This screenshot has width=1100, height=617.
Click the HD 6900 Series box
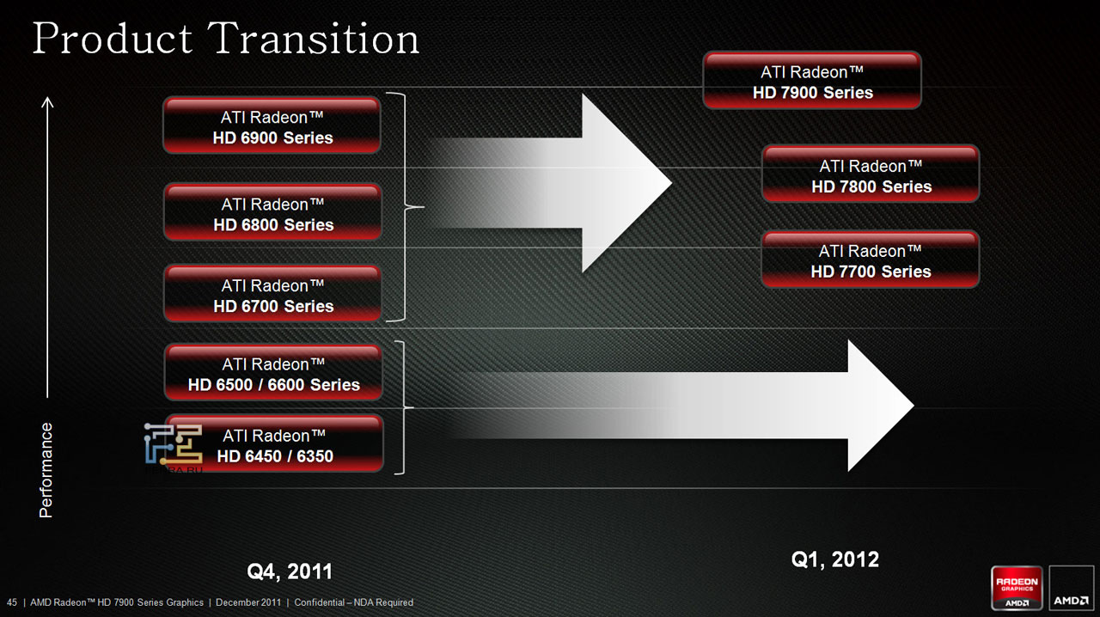pos(272,125)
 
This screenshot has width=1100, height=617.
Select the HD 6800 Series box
pos(272,212)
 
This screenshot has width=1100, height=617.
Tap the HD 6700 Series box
pos(272,294)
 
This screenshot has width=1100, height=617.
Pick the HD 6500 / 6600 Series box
pos(273,373)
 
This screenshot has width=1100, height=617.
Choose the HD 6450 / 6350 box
pos(274,443)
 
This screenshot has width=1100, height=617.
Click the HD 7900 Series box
pos(812,80)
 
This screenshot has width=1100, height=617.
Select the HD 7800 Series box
pos(871,174)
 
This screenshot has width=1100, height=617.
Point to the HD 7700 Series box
pos(871,260)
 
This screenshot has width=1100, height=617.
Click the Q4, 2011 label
pos(290,571)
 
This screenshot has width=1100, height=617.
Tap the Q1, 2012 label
pos(834,560)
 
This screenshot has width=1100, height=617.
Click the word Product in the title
pos(113,39)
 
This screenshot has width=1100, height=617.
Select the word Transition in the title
pos(314,39)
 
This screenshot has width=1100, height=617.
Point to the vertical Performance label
pos(46,470)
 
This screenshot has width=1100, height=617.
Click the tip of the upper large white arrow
pos(671,183)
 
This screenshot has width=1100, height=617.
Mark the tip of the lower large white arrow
pos(914,406)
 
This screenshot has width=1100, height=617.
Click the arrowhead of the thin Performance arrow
pos(47,101)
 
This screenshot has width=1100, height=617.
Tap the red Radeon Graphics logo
pos(1017,588)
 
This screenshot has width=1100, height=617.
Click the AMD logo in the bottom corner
pos(1071,588)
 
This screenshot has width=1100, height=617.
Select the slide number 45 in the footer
pos(12,602)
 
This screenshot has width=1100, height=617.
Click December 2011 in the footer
pos(248,602)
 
